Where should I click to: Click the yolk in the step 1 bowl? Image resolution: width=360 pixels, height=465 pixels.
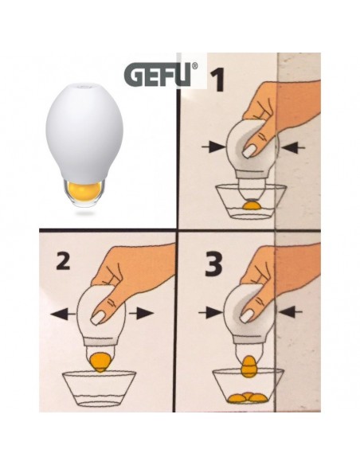point(251,205)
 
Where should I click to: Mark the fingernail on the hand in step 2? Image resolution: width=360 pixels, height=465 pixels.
point(99,318)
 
